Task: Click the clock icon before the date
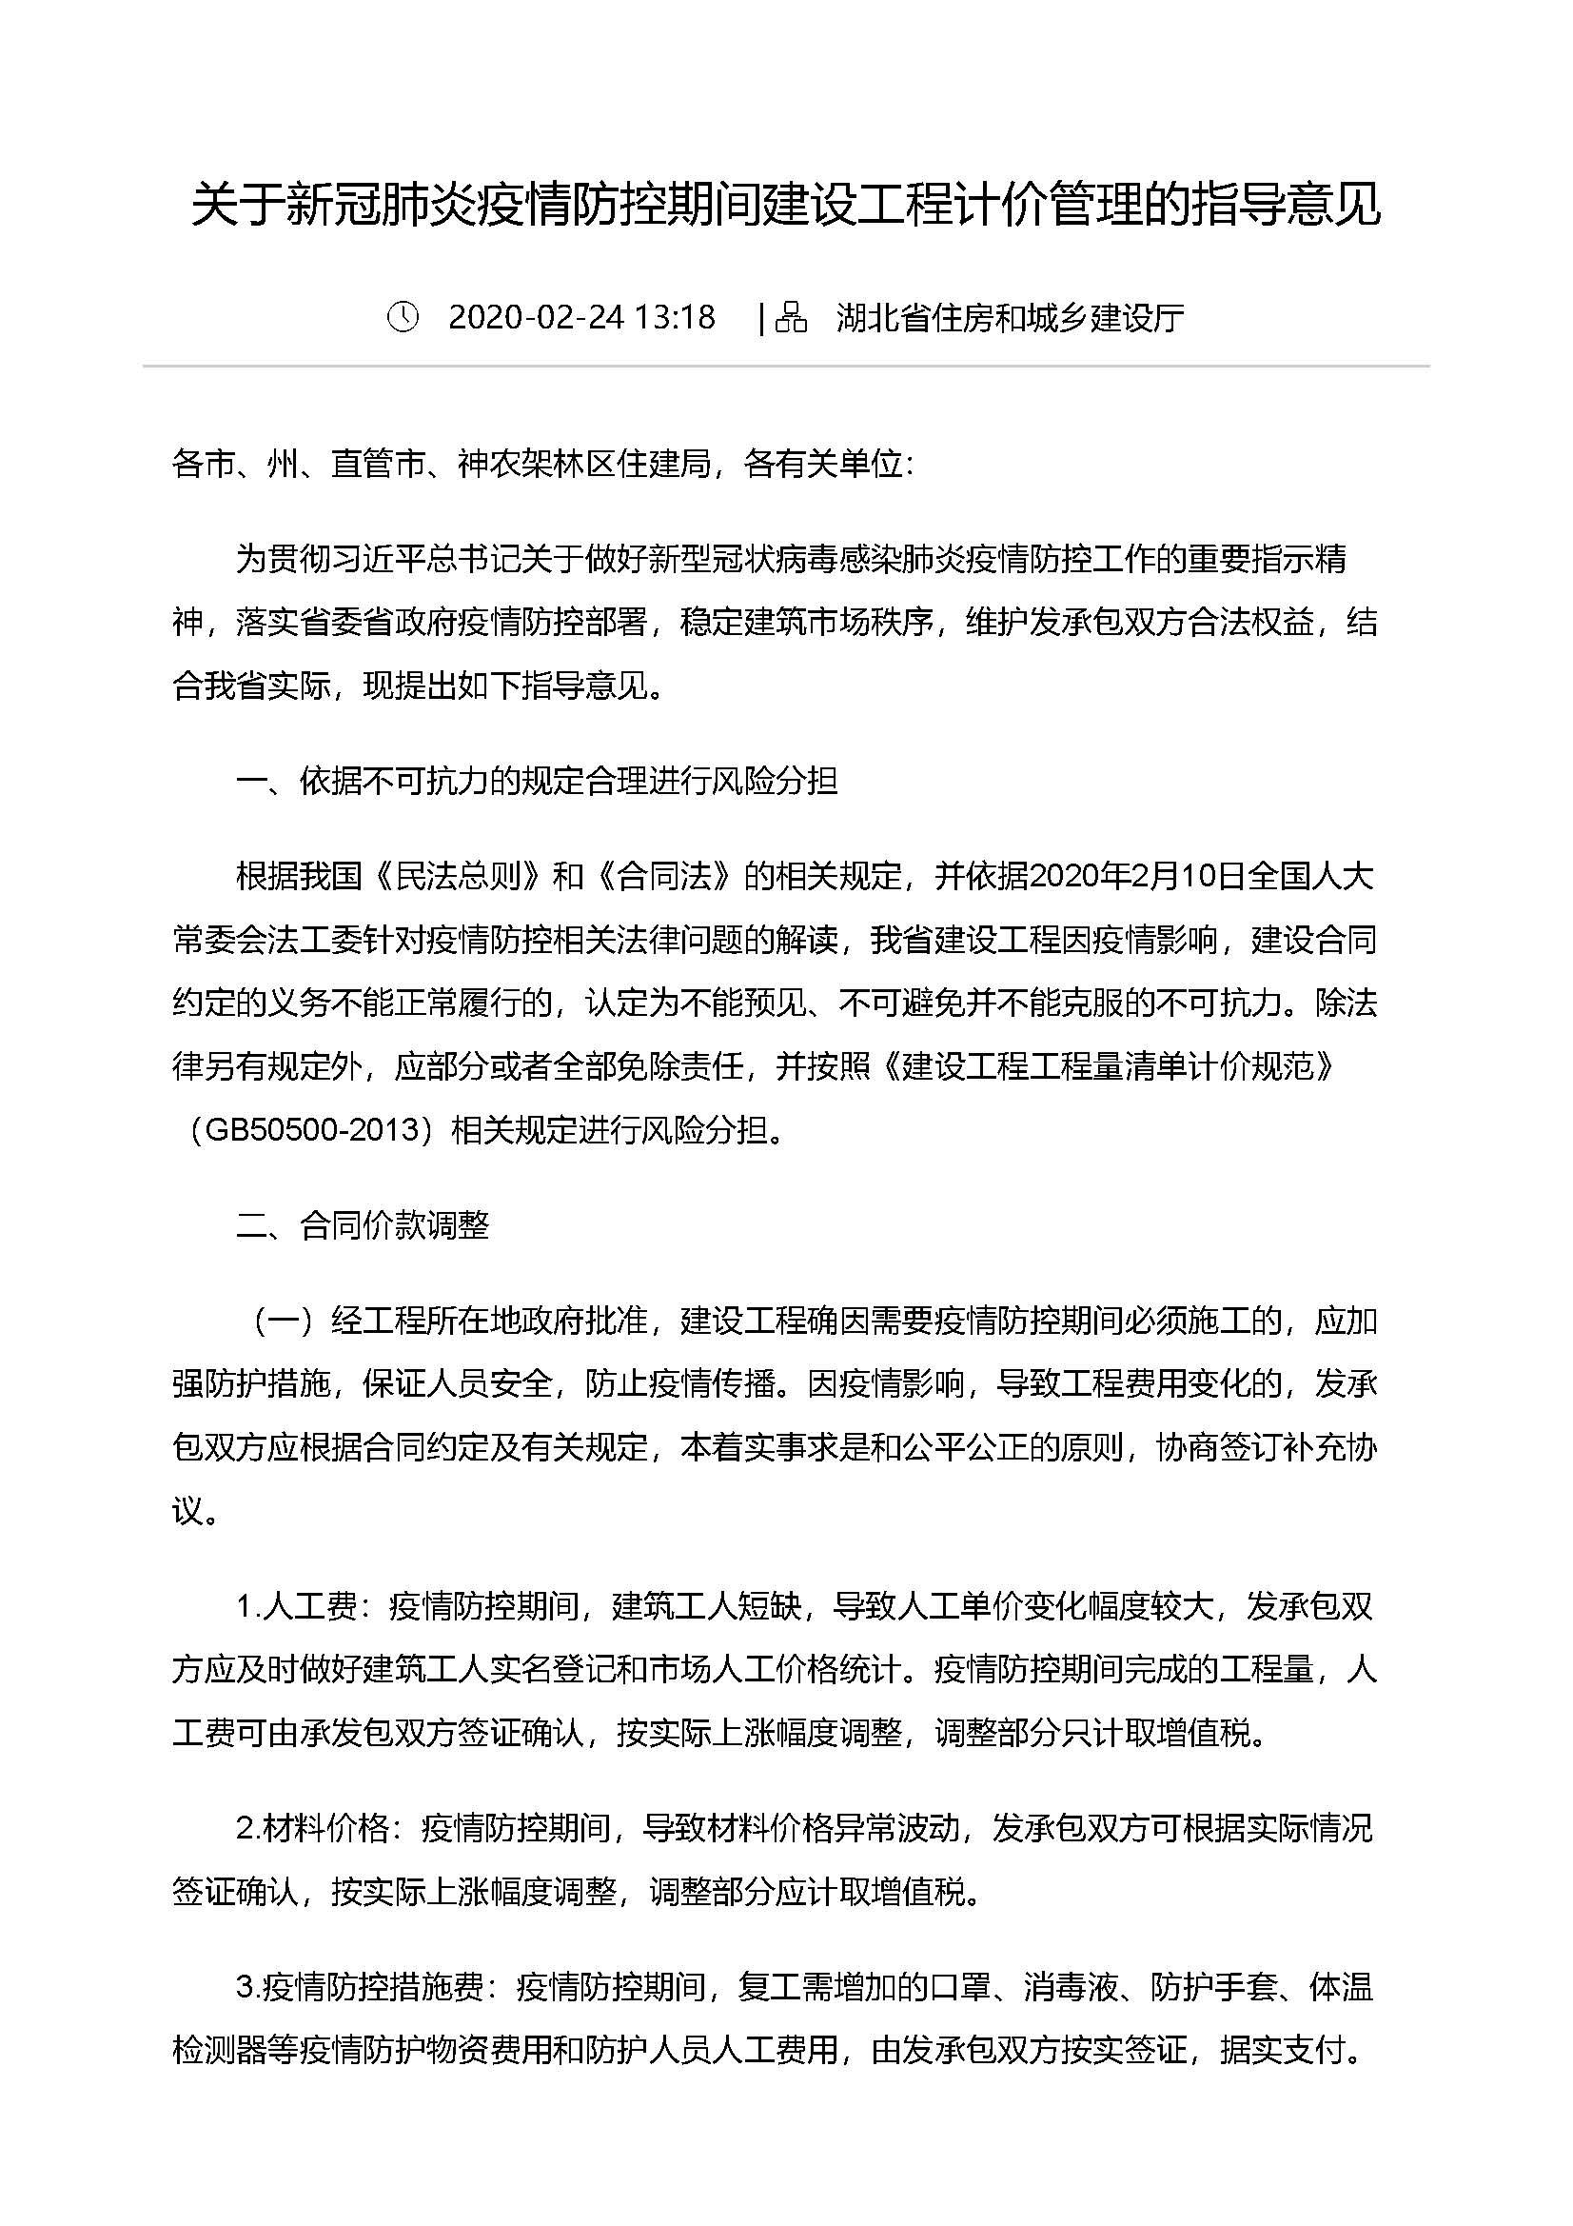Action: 403,317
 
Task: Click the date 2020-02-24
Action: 536,317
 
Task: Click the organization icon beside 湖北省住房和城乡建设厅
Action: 791,317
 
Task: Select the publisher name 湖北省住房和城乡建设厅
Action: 1010,318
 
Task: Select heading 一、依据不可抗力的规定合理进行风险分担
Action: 536,781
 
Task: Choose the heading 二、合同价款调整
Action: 363,1225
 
